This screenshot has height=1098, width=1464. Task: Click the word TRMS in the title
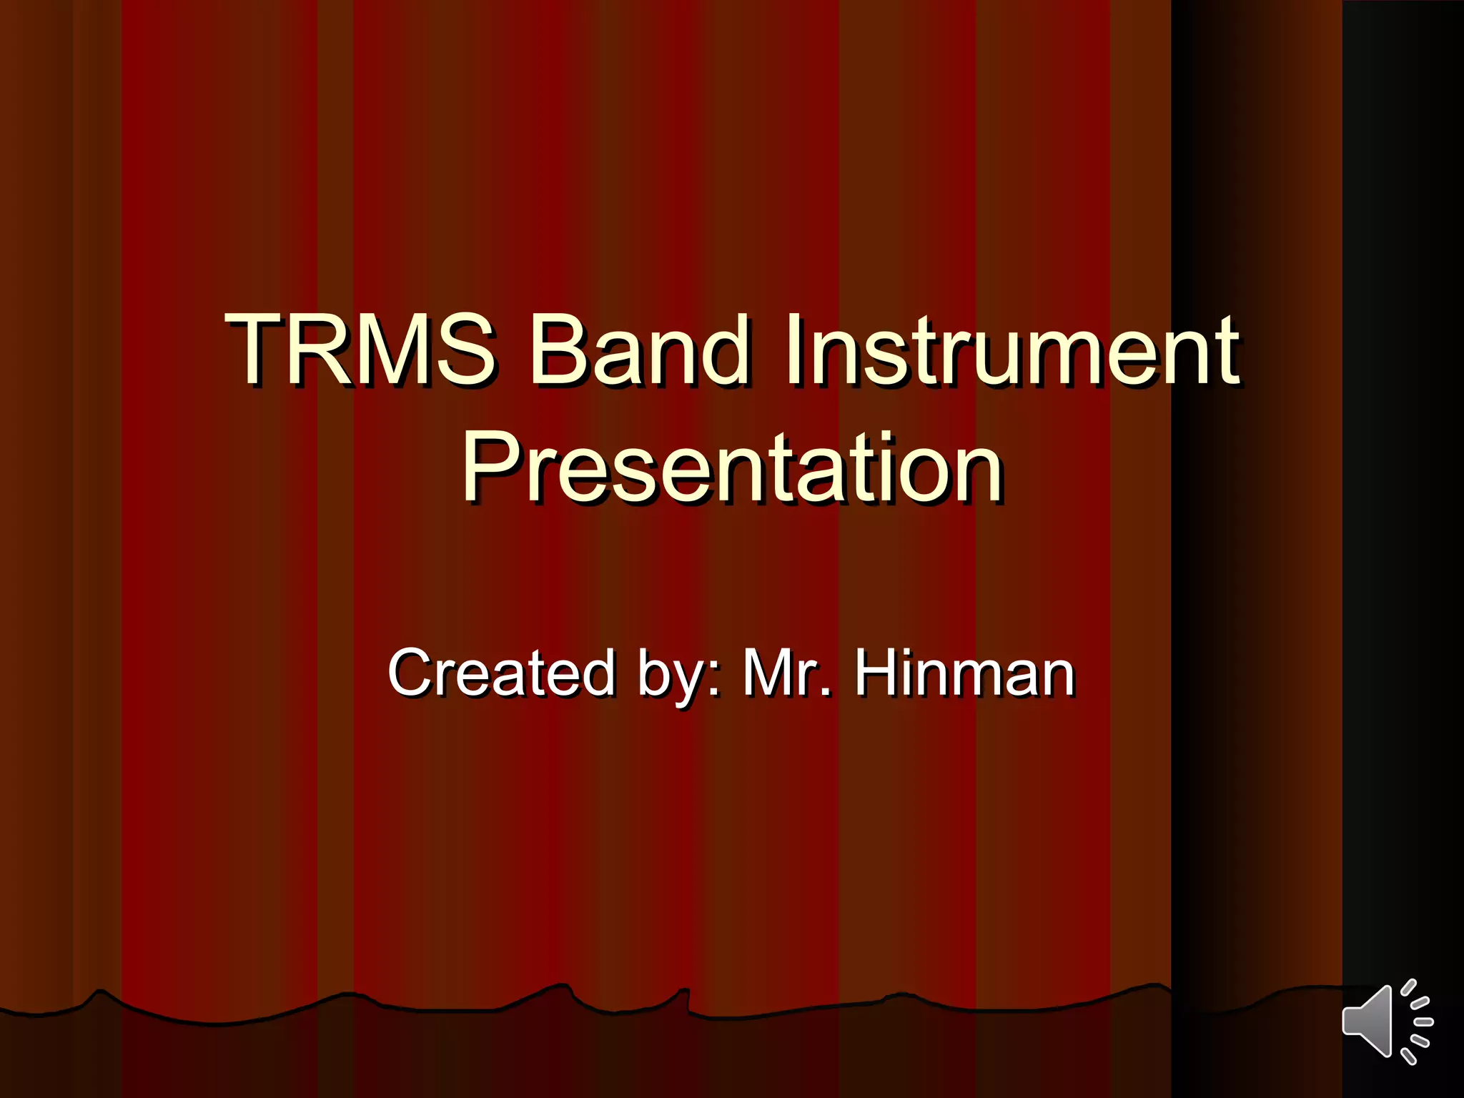tap(360, 350)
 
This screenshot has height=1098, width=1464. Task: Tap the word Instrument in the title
tap(1012, 350)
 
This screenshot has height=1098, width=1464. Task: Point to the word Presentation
tap(733, 468)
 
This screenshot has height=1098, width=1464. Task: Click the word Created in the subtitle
tap(501, 672)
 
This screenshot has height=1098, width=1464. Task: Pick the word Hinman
tap(965, 672)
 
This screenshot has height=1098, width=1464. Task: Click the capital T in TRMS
tap(255, 350)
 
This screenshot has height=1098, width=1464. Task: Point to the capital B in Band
tap(555, 350)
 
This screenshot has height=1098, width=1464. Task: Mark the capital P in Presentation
tap(490, 468)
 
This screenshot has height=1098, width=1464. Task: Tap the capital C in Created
tap(412, 672)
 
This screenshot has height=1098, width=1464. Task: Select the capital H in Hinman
tap(879, 672)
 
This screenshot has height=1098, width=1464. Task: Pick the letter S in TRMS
tap(464, 350)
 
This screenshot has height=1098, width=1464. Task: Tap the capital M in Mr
tap(768, 672)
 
